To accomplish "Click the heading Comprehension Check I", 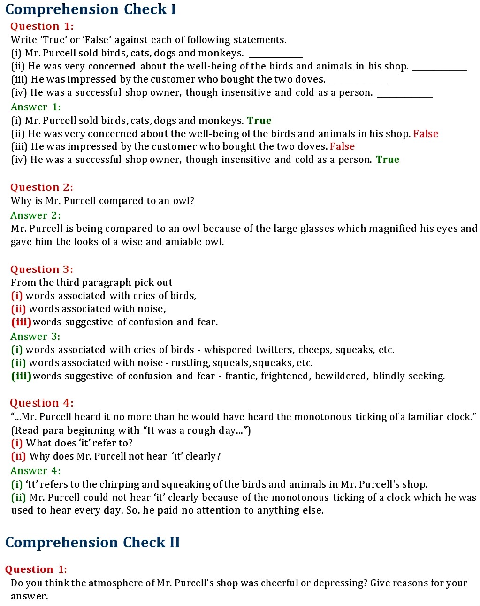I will click(90, 9).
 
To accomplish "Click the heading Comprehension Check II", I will click(92, 543).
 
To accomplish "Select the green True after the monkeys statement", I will click(259, 121).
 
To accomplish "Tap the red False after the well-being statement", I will click(426, 134).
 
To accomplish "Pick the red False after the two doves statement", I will click(342, 146).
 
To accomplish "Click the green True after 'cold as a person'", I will click(388, 160).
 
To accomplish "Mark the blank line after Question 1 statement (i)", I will click(275, 57).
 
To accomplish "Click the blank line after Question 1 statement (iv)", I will click(404, 96).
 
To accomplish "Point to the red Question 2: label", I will click(42, 187).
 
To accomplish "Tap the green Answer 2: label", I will click(36, 215).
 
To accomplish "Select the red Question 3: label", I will click(42, 269).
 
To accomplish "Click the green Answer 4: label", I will click(36, 471).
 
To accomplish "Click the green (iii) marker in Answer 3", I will click(21, 376).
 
